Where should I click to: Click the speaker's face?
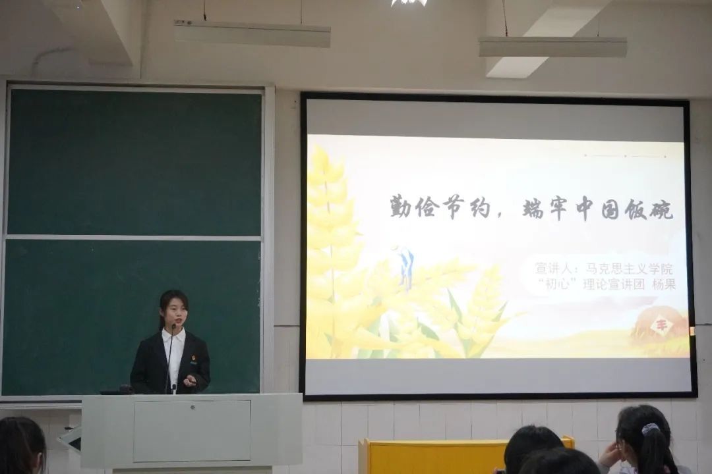coord(174,312)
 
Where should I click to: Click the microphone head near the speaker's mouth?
coord(173,327)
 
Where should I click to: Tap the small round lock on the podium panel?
coord(193,407)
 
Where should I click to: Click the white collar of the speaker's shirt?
coord(173,336)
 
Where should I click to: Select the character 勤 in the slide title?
coord(401,208)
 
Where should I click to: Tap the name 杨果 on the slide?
coord(664,284)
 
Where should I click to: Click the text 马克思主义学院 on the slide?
coord(629,269)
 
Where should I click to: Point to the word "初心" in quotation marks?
coord(556,284)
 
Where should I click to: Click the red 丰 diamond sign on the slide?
coord(658,325)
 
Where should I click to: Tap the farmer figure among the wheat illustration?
coord(406,267)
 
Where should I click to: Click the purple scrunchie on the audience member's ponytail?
coord(650,429)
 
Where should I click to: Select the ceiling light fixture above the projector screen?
coord(552,47)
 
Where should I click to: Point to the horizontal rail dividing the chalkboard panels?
coord(133,238)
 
